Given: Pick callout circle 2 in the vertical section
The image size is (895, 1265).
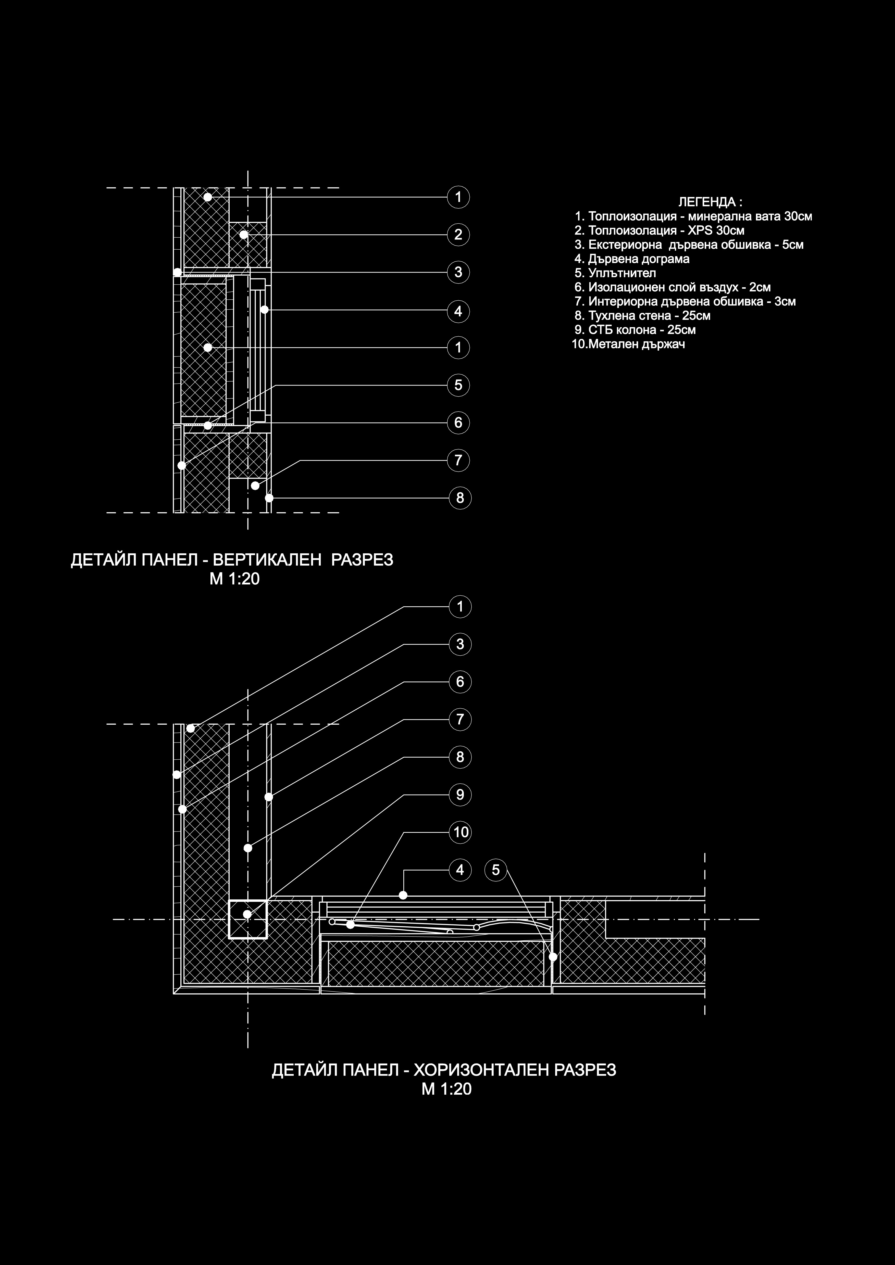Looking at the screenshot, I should click(458, 235).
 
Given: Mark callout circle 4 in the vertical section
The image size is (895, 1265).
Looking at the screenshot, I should click(458, 311).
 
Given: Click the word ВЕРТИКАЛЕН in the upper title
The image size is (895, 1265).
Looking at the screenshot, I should click(267, 560).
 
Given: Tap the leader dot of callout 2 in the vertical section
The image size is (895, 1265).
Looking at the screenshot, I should click(244, 235).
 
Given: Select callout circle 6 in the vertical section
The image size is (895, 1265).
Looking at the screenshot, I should click(458, 423).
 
